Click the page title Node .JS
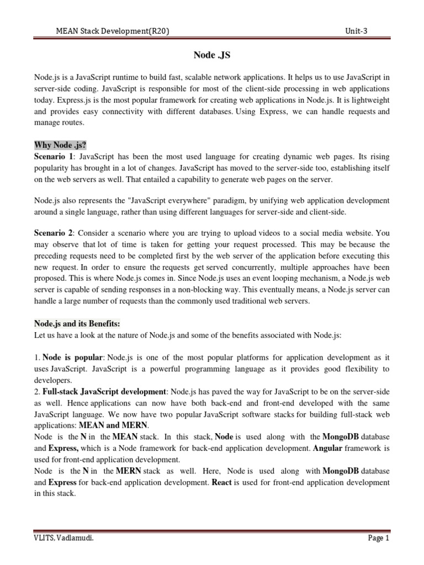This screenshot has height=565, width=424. click(211, 55)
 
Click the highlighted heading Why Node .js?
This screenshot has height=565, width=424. click(61, 145)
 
